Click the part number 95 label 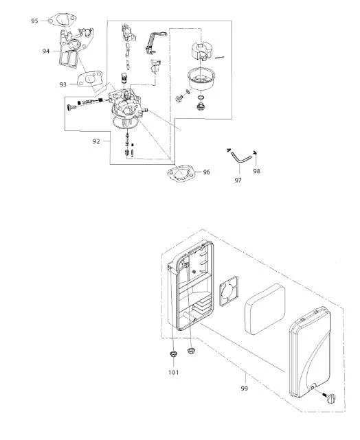[34, 21]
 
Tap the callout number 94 [46, 51]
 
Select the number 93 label [63, 84]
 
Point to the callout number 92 [96, 141]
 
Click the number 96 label [206, 172]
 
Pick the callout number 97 [238, 180]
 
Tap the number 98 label [257, 171]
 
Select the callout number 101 [174, 372]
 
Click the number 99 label [245, 389]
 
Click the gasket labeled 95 [62, 21]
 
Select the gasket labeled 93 [90, 79]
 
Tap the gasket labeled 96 [181, 174]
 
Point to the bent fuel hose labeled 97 [240, 157]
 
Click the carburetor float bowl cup [201, 79]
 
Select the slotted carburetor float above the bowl [202, 51]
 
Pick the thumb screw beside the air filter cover [330, 398]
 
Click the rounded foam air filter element [265, 309]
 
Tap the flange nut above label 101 [173, 354]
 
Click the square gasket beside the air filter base [229, 291]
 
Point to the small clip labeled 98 [256, 152]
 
